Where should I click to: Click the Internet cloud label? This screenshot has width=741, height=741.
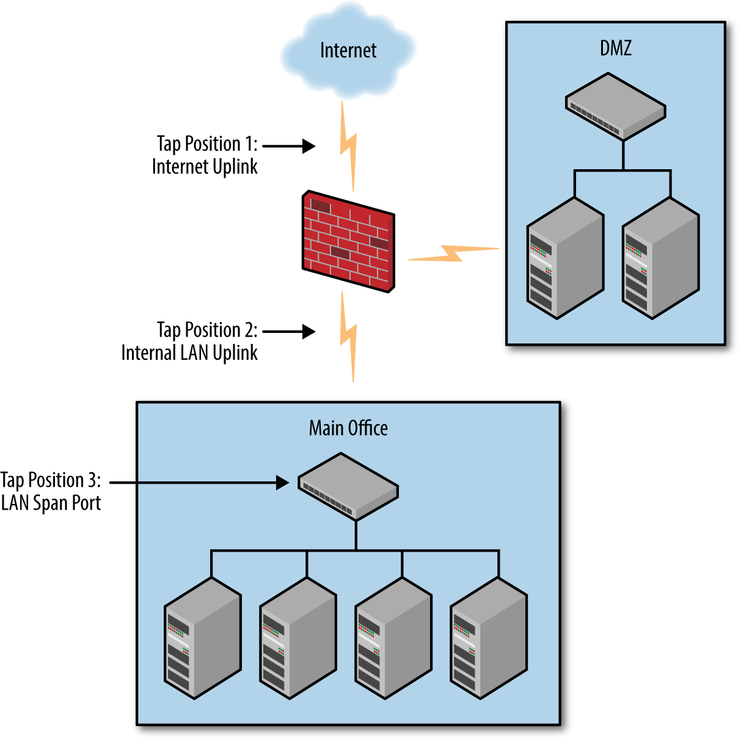coord(348,50)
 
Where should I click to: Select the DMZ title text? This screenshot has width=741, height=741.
coord(615,48)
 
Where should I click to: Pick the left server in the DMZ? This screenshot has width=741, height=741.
coord(565,258)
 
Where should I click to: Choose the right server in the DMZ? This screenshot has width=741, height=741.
coord(660,258)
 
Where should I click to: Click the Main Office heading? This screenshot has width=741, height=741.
coord(348,428)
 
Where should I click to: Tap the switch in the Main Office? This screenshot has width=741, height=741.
coord(348,486)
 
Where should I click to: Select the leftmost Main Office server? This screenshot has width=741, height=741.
coord(203,638)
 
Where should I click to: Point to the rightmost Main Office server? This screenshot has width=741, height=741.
coord(489,638)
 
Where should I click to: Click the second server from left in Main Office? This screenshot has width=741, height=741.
coord(298,638)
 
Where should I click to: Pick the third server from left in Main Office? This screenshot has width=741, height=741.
coord(393,638)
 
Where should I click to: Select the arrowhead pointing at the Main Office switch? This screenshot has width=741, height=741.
coord(282,483)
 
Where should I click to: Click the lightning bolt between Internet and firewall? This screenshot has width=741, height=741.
coord(348,147)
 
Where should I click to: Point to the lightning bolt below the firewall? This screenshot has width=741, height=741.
coord(348,337)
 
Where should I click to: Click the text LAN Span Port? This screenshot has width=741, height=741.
coord(51,503)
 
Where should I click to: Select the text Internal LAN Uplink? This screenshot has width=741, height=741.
coord(189,353)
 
